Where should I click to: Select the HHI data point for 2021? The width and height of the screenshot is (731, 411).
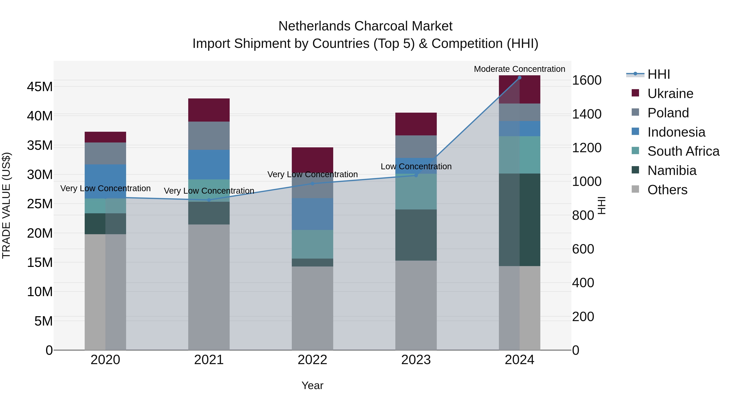tap(209, 200)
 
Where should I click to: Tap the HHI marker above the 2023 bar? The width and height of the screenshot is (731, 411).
tap(416, 175)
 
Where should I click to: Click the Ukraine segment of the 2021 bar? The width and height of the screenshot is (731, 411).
tap(209, 110)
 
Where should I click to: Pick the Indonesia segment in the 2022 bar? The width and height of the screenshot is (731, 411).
tap(313, 214)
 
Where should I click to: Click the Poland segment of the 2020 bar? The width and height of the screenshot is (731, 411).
tap(105, 153)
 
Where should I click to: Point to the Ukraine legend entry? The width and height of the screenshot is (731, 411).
tap(670, 94)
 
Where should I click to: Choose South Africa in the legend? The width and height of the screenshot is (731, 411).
tap(683, 151)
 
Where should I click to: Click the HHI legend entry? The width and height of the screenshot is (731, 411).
tap(658, 74)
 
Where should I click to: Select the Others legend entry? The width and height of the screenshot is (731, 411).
tap(667, 190)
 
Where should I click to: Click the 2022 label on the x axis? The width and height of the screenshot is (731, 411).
tap(313, 360)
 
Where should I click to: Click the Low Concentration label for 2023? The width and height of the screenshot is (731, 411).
tap(416, 166)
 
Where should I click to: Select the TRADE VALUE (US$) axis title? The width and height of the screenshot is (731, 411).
tap(6, 205)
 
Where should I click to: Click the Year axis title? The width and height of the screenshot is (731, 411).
tap(313, 385)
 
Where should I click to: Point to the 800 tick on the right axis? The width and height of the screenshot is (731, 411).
tap(583, 215)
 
